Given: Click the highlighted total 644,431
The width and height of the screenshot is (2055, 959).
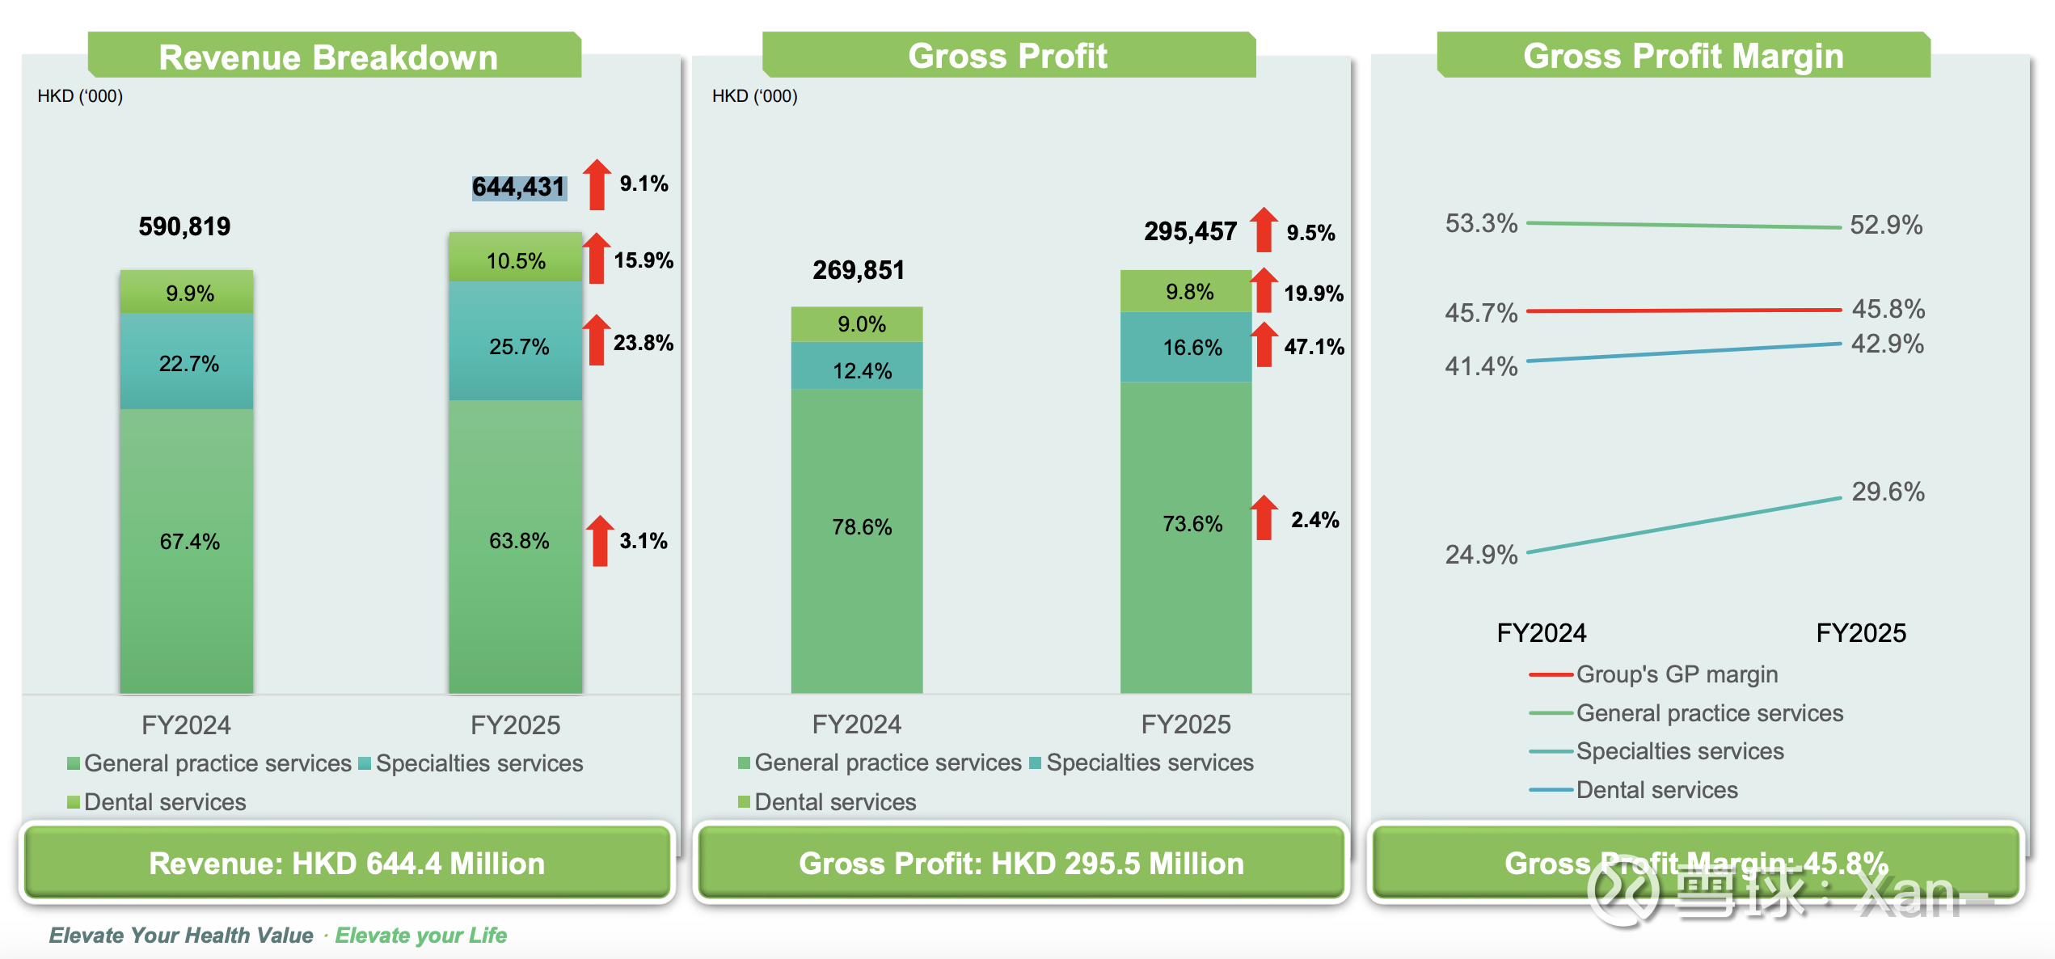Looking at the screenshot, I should point(518,188).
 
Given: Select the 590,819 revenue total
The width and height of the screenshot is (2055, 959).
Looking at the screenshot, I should point(184,226).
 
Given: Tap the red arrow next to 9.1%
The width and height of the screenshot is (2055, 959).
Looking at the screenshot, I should point(597,184).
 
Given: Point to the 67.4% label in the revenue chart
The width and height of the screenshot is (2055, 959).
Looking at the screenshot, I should point(190,541).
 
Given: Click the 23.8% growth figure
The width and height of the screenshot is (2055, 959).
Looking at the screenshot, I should point(644,343).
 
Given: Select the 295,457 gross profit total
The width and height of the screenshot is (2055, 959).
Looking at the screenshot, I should point(1190,232).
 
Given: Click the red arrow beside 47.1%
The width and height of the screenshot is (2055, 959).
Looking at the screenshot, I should point(1264,344).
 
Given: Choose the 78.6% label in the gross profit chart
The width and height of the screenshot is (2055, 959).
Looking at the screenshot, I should point(862,527).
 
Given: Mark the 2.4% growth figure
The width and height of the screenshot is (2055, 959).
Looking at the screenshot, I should point(1314,520).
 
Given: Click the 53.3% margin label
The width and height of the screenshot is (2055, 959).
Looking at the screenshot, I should point(1481,223).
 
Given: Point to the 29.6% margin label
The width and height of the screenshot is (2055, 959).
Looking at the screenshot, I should point(1888,492).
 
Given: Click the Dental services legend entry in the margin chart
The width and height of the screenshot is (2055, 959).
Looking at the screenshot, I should point(1656,790).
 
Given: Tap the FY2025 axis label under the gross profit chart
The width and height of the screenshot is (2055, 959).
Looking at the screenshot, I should point(1186,725).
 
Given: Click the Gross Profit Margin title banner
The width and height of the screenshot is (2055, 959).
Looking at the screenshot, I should point(1683,56).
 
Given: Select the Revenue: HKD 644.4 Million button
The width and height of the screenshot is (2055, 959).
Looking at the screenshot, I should point(347,864).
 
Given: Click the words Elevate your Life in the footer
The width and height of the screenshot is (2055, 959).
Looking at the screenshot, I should point(421,936).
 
